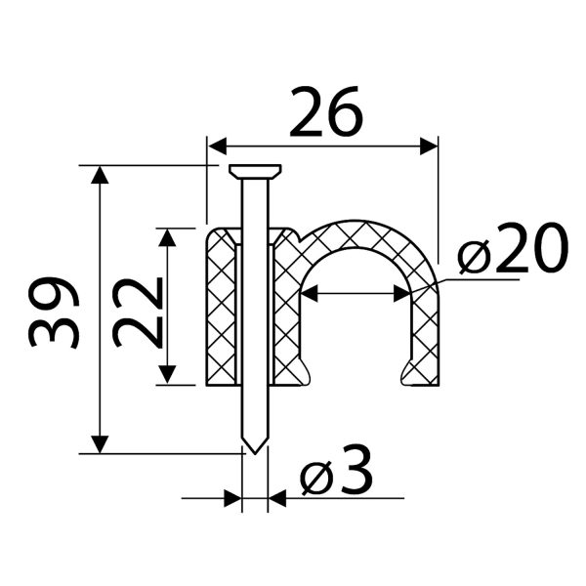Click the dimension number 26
(326, 111)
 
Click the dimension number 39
(54, 313)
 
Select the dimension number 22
(139, 313)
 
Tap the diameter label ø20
(513, 247)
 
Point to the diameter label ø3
(337, 470)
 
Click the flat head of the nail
(255, 172)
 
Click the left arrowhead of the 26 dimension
(217, 146)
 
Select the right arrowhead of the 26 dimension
(429, 146)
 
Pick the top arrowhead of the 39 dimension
(100, 175)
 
